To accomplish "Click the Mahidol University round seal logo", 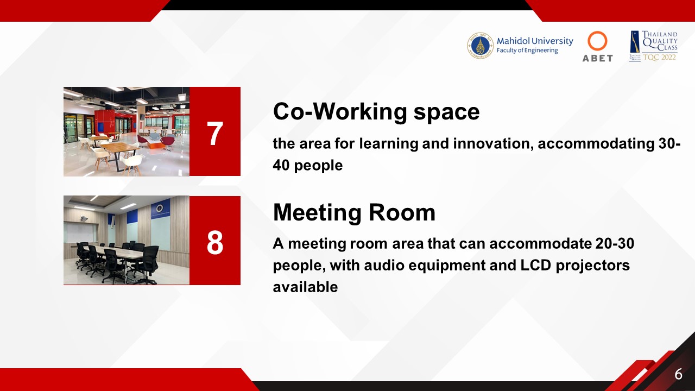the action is coord(480,46).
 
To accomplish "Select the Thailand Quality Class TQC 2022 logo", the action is coord(653,46).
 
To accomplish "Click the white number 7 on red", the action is coord(214,134).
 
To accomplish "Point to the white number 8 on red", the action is coord(214,242).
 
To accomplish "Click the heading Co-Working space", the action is coord(376,112).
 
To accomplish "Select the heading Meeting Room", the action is coord(354,212).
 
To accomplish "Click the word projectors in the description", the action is coord(592,266).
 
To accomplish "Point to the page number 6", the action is coord(678,374).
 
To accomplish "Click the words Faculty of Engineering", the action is coord(527,51).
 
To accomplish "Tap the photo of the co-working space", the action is coord(127,131).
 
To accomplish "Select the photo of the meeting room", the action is coord(127,240).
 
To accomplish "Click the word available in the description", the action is coord(305,287).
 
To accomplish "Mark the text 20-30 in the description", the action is coord(615,244).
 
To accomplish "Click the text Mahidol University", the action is coord(535,41).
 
